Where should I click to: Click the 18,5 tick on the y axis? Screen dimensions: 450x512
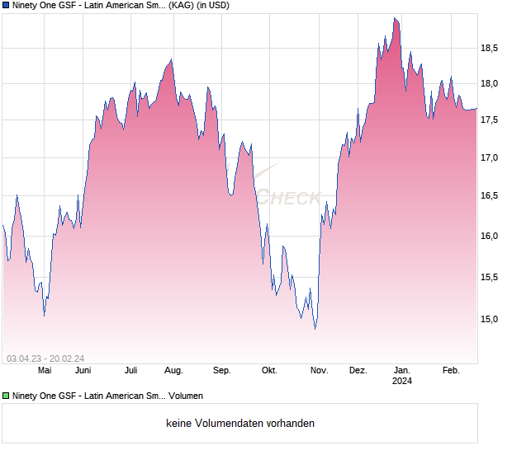coord(490,48)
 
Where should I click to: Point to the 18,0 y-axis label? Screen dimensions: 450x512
coord(490,83)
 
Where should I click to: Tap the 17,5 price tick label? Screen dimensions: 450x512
coord(490,120)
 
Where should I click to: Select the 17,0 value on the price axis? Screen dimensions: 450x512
coord(490,157)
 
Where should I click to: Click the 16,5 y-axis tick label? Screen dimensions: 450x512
coord(490,196)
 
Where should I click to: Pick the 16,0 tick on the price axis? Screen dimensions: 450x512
coord(490,236)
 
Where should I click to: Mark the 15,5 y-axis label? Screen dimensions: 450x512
coord(490,277)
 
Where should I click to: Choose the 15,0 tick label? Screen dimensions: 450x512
coord(490,319)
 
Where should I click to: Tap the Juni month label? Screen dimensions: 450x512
coord(83,371)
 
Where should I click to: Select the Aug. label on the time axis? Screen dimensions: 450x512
coord(173,371)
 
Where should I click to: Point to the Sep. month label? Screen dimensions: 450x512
coord(222,371)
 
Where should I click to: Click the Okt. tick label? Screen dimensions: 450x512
coord(268,371)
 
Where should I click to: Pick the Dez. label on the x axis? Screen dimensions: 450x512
coord(358,371)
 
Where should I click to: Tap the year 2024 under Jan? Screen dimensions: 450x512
coord(402,381)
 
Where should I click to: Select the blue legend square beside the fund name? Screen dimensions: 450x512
coord(7,6)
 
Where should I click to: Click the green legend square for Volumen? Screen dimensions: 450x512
coord(7,396)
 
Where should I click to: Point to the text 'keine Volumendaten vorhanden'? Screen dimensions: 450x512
coord(240,424)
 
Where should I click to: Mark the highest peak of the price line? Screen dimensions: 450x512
coord(396,18)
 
